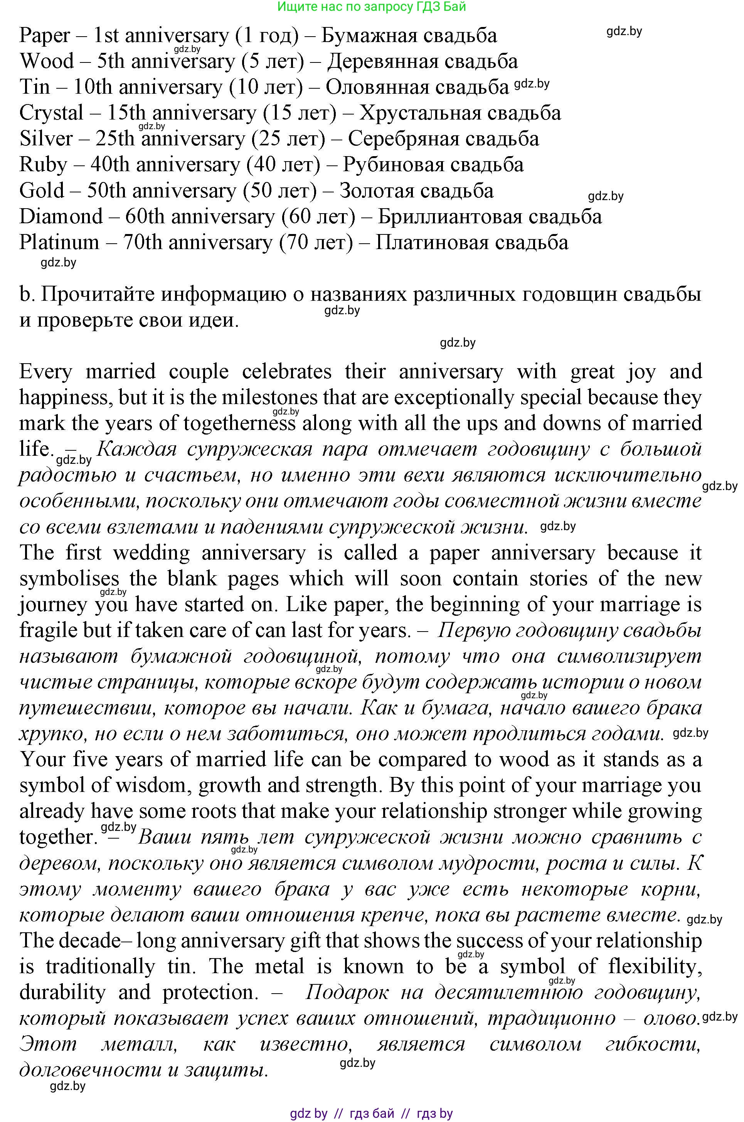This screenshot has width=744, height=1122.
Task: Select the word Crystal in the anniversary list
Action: tap(51, 113)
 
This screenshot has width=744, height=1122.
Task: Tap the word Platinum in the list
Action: tap(59, 243)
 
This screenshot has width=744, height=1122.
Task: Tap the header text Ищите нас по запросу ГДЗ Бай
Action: tap(372, 7)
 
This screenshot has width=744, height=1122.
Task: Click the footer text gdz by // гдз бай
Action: tap(371, 1113)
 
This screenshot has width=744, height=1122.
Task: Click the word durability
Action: tap(62, 992)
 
